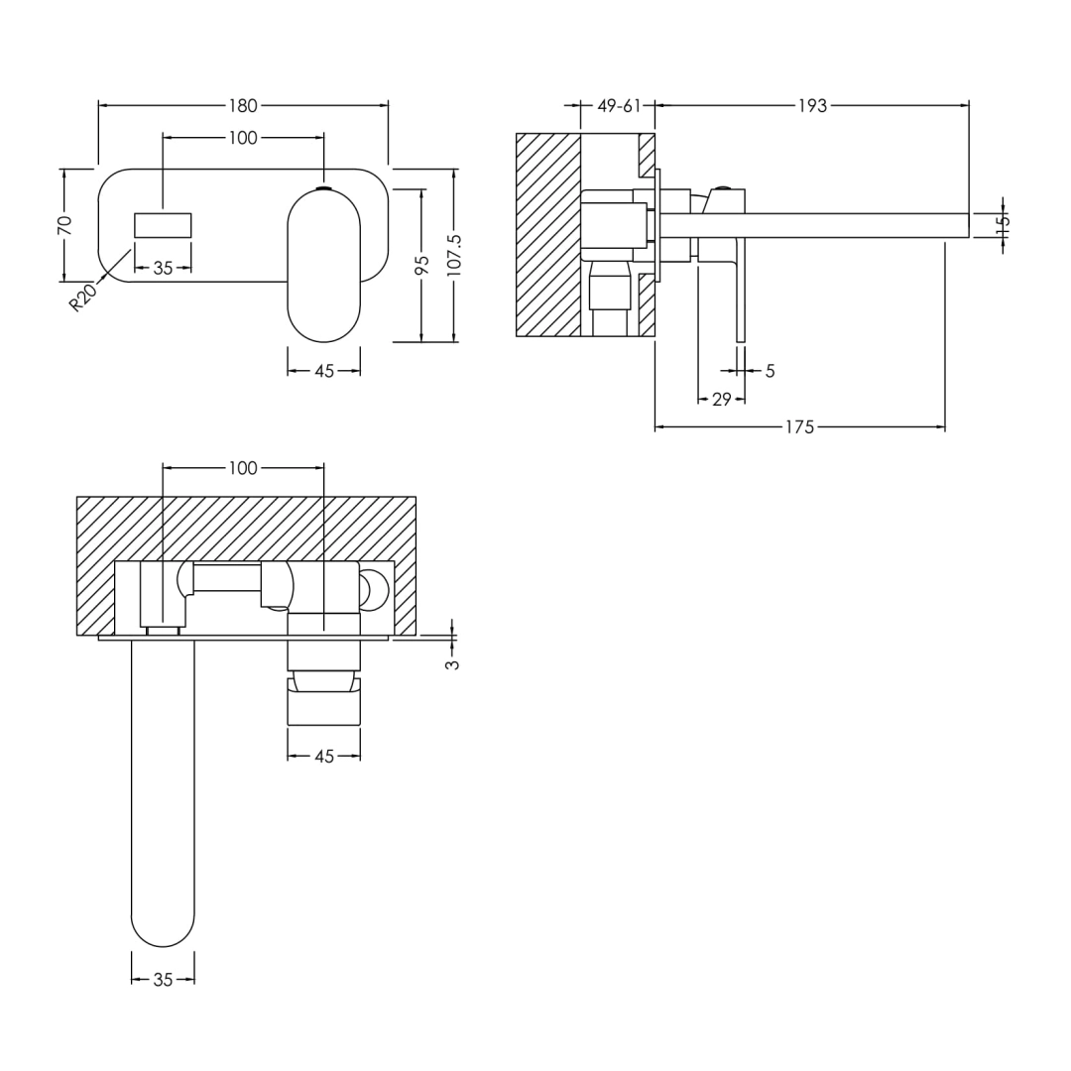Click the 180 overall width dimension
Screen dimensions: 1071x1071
click(243, 105)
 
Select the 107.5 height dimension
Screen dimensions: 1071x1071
click(454, 255)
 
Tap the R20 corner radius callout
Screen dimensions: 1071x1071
click(83, 297)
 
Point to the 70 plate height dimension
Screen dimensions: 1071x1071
click(64, 225)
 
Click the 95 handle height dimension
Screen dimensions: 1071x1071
click(421, 265)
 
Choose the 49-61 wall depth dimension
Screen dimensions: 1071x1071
click(619, 105)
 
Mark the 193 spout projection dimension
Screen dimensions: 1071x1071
click(811, 105)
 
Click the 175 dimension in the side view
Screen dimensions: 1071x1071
click(799, 427)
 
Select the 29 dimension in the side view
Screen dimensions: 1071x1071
click(721, 400)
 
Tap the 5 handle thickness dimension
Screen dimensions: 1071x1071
click(770, 371)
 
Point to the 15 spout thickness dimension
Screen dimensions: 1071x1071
click(1003, 224)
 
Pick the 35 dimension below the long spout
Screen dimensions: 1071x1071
click(163, 980)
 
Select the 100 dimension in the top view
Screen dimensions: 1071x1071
click(243, 468)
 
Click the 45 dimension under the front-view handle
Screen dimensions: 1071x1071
click(324, 371)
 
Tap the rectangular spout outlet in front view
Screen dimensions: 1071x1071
click(163, 225)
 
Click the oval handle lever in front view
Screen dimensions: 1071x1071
click(324, 266)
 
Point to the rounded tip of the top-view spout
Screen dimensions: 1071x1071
click(163, 922)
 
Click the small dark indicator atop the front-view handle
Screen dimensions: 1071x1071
click(324, 186)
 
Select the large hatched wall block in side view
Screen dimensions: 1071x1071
click(547, 235)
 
